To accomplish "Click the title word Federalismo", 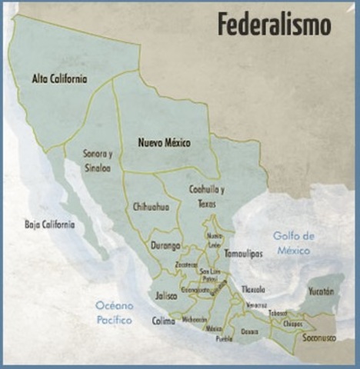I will click(274, 24).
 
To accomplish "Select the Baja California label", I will click(49, 224).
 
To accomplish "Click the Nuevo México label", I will click(164, 143).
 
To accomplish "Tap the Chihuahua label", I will click(151, 207).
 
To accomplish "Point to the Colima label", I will click(164, 321).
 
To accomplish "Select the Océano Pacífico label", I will click(114, 312).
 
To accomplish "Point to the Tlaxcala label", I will click(252, 290).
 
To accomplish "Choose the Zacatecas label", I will click(186, 264).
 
